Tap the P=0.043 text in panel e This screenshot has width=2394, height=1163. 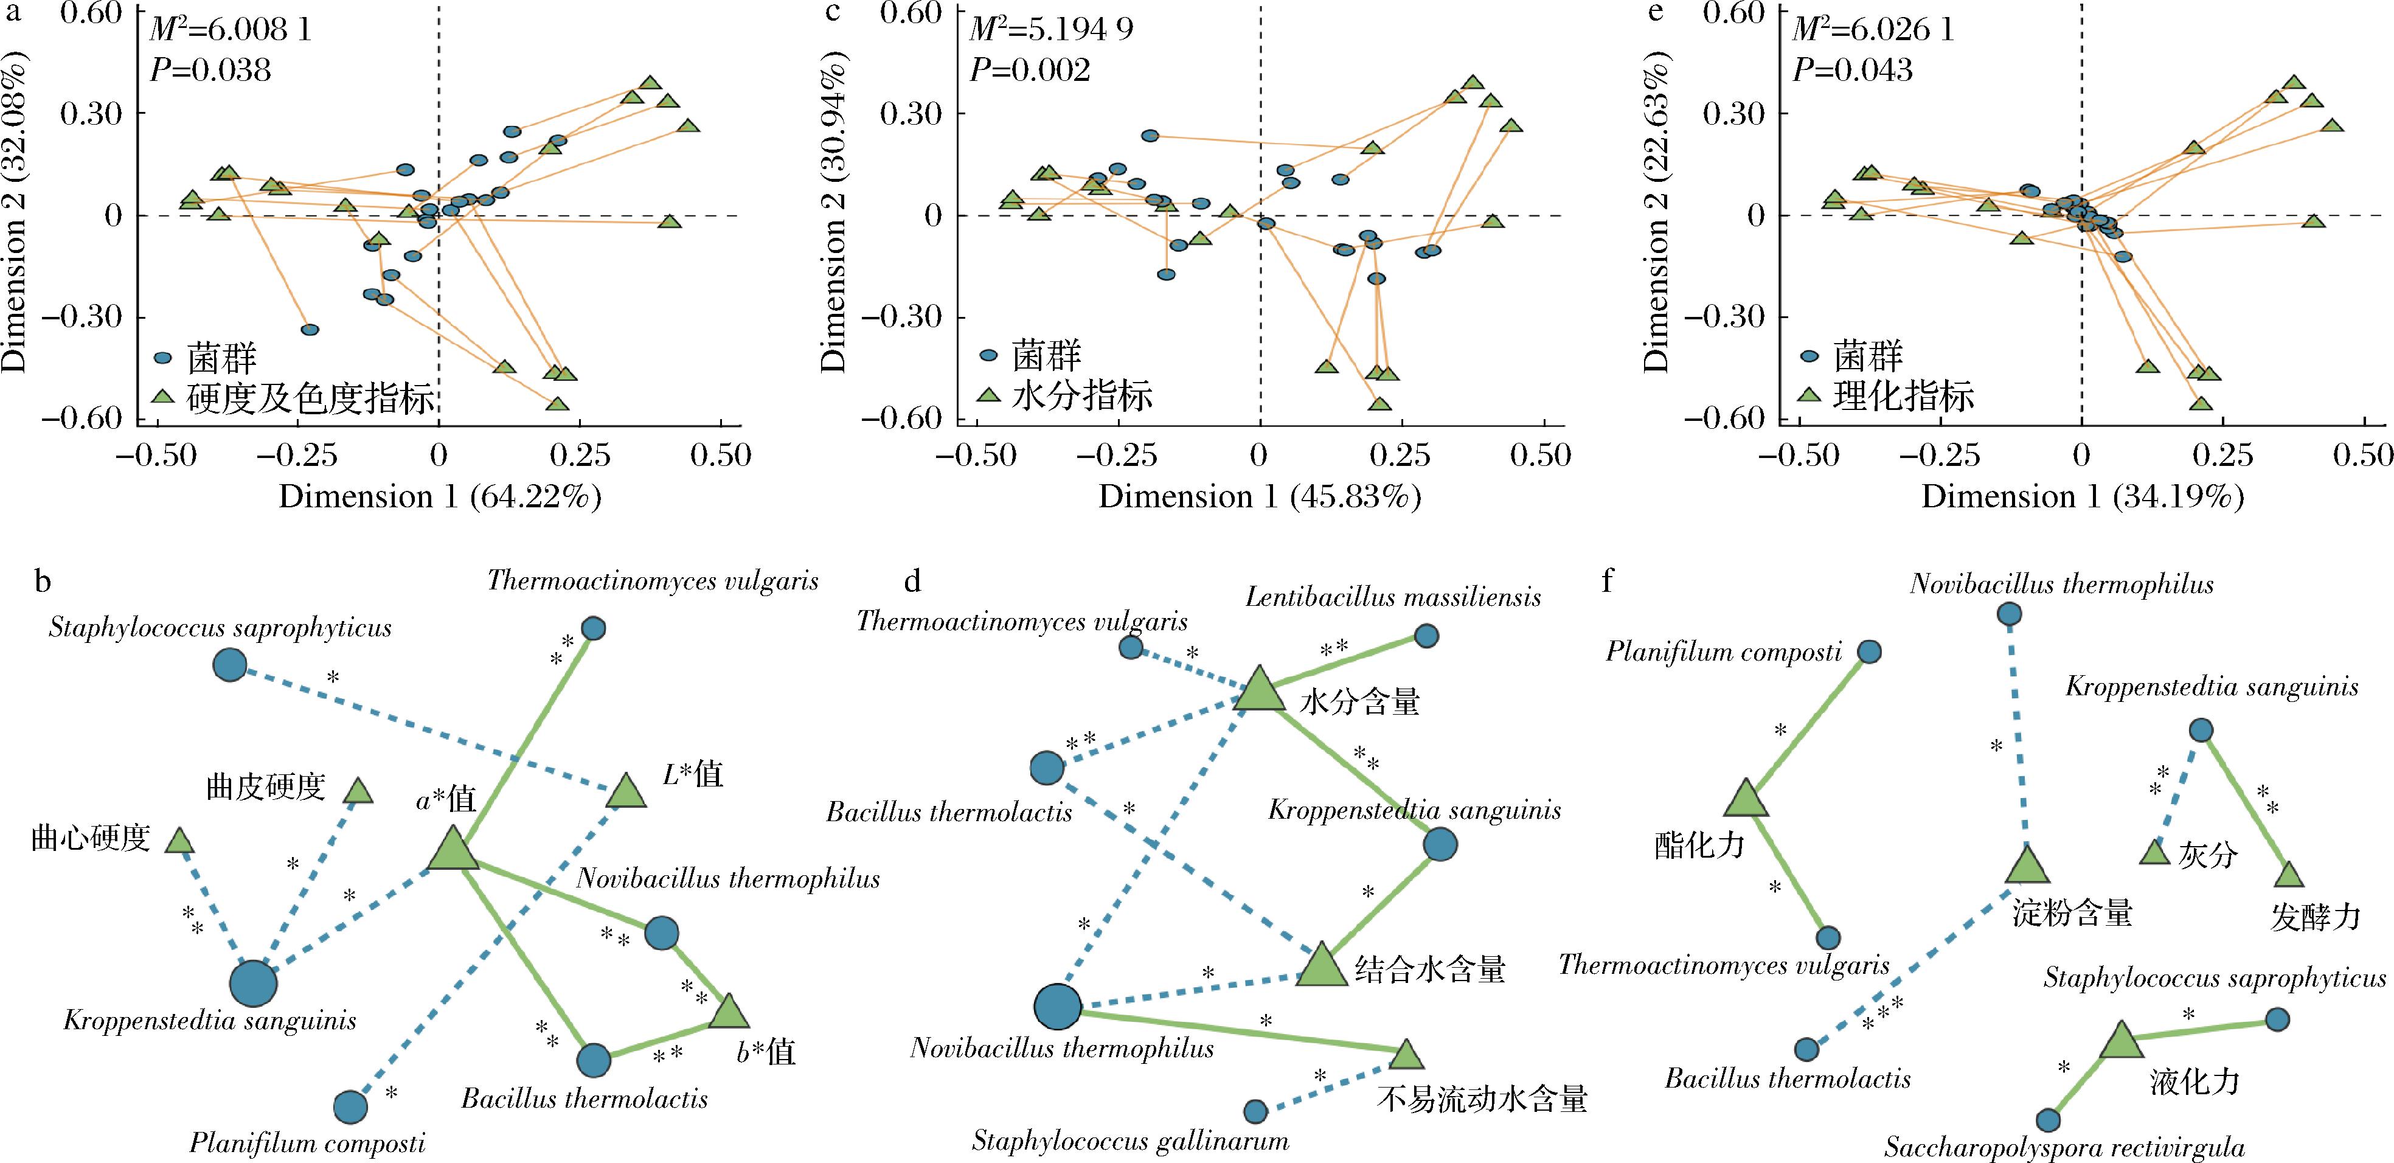coord(1852,71)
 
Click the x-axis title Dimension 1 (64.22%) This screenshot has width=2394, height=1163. coord(440,498)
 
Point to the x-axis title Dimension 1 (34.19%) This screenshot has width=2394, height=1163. coord(2083,498)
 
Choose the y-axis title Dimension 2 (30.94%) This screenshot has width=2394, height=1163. coord(834,216)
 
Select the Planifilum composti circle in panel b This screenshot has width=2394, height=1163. coord(350,1106)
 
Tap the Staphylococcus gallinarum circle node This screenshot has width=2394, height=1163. coord(1255,1111)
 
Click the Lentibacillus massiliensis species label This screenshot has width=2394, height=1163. coord(1393,597)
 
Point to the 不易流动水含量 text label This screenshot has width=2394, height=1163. coord(1482,1099)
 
